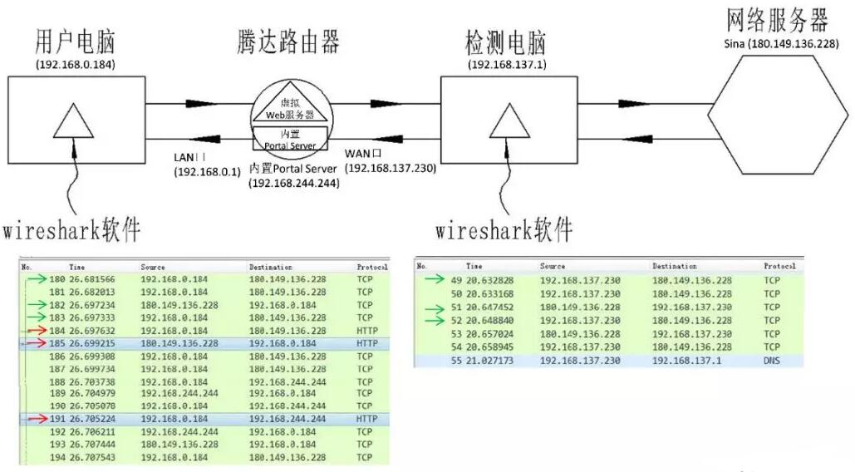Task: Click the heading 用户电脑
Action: (x=75, y=41)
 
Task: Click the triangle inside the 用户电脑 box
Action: (x=73, y=121)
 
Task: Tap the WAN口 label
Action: (x=362, y=153)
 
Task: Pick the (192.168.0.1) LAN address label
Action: (x=207, y=171)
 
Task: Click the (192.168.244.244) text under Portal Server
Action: (x=293, y=183)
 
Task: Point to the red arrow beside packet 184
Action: (x=36, y=330)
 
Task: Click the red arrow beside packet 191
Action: (x=36, y=420)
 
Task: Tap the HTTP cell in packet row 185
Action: (x=366, y=342)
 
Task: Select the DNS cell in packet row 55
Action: (x=773, y=361)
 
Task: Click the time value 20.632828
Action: (x=489, y=280)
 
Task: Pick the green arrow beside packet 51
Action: (x=435, y=307)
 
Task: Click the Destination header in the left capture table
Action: (x=271, y=267)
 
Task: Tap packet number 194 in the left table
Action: (x=57, y=458)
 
